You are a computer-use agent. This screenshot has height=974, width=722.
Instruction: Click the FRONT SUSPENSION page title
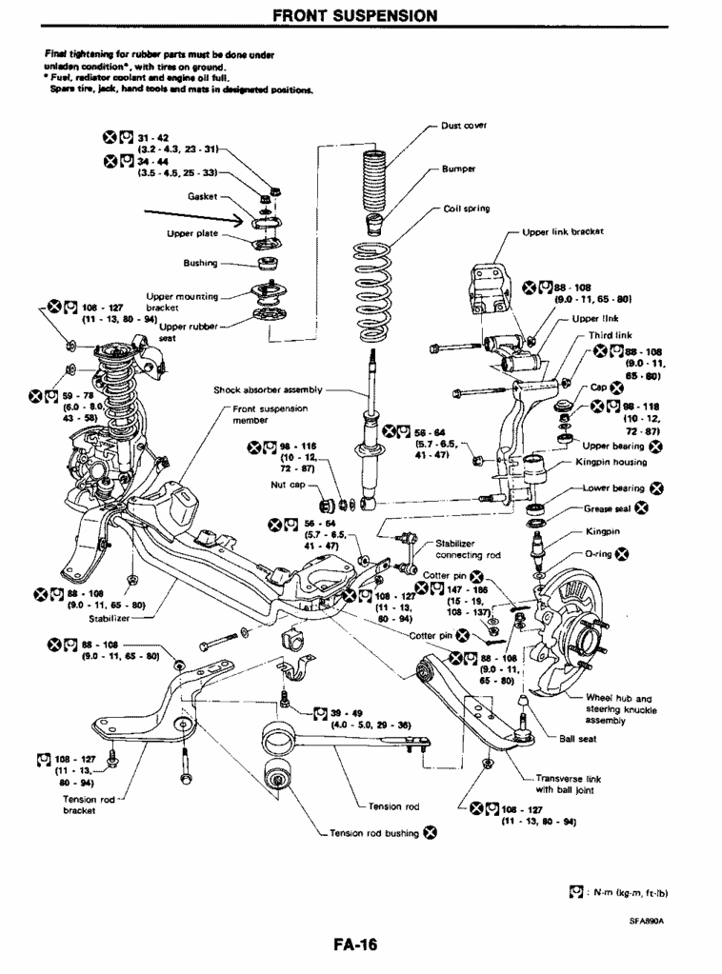355,15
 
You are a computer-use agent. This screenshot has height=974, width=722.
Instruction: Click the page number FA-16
355,944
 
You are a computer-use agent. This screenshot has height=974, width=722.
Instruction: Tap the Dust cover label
465,124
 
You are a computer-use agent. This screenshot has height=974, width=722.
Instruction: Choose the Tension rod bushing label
376,833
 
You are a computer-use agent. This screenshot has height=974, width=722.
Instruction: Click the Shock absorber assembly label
269,389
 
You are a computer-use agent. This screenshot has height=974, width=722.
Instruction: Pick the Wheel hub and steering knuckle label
618,708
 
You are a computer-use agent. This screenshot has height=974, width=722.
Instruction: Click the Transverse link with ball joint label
569,783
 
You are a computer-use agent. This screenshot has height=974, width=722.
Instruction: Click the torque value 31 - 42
153,136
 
